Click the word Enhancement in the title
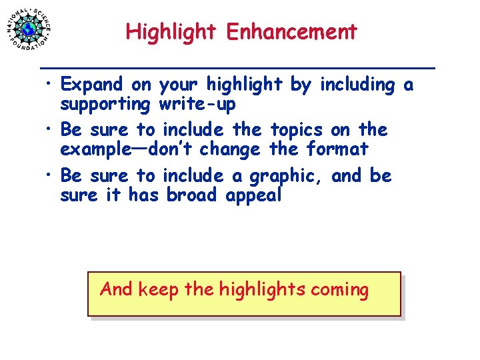pyautogui.click(x=291, y=31)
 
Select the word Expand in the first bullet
pyautogui.click(x=91, y=85)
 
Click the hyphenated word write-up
pyautogui.click(x=197, y=104)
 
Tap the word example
pyautogui.click(x=99, y=149)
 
